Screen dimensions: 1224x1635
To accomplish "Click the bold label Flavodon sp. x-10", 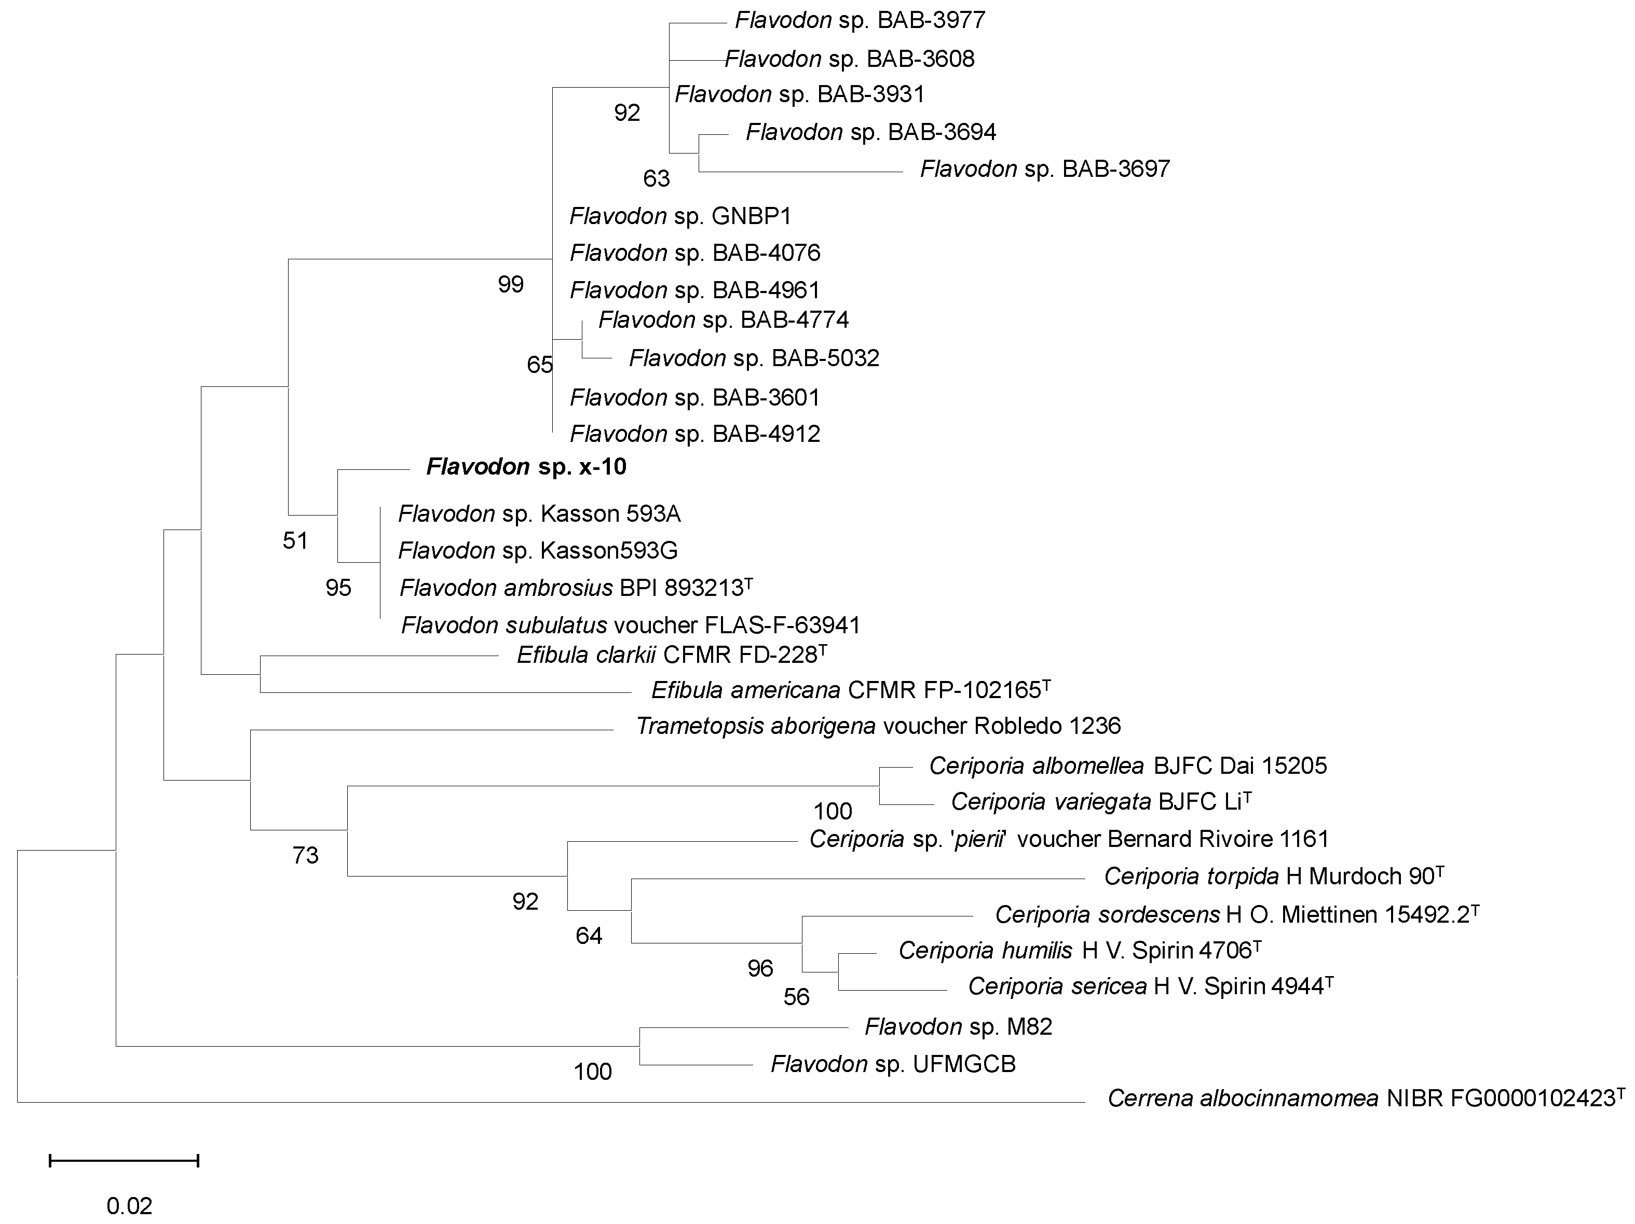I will click(x=526, y=467).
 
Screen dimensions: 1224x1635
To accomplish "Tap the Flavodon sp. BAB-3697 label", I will click(x=1044, y=169).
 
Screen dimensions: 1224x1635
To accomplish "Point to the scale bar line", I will click(x=124, y=1161).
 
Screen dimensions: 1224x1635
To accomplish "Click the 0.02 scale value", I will click(x=129, y=1206).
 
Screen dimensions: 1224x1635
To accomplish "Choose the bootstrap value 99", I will click(x=511, y=284).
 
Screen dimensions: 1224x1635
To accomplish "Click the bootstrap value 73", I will click(x=305, y=855).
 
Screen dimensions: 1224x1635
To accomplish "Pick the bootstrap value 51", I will click(x=295, y=541).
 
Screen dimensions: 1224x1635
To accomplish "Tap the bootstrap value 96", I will click(x=760, y=968).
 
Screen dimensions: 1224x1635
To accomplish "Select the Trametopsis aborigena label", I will click(x=878, y=726).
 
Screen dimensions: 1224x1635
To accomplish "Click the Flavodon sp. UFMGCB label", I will click(x=893, y=1064).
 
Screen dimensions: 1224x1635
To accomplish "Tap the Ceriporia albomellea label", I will click(x=1128, y=766).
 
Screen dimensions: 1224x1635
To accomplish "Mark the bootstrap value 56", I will click(x=796, y=997).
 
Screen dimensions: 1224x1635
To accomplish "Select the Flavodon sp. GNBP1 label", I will click(x=680, y=216).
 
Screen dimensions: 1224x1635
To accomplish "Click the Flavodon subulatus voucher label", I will click(x=631, y=625).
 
